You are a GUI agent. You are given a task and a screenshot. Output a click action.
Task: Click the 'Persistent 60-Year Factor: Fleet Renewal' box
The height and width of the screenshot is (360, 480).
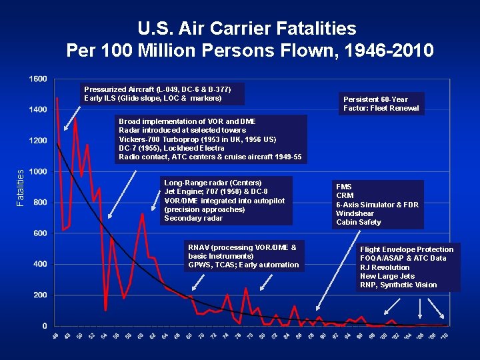(x=381, y=103)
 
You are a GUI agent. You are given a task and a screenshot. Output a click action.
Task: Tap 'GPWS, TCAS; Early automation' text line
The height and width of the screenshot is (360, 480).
(x=243, y=265)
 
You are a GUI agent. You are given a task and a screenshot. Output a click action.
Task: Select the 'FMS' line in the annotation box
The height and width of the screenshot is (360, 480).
(x=344, y=187)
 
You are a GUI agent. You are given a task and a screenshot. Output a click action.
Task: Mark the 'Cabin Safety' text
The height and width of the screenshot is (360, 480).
(x=359, y=222)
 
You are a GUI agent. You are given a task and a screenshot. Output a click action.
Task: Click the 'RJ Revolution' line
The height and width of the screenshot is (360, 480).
(x=385, y=267)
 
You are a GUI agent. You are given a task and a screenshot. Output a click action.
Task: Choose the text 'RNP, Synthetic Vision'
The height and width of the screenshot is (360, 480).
(x=398, y=285)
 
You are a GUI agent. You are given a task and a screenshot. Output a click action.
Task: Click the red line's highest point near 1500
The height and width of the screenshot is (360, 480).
(x=57, y=98)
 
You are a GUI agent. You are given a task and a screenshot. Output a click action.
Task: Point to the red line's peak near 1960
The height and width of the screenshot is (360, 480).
(x=142, y=214)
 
